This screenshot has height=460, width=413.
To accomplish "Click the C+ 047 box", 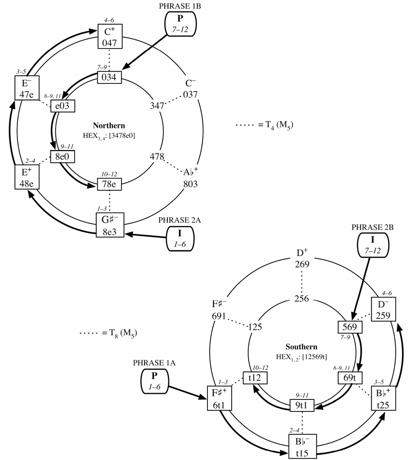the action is pos(110,36).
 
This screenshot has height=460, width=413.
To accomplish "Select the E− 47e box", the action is pos(27,88).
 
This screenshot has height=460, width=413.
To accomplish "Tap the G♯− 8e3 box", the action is pos(110,225).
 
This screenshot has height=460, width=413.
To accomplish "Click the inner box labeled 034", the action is pos(109,78).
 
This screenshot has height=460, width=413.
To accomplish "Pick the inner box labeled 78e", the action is pos(109,184).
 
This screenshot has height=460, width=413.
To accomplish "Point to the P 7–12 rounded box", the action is pos(180,24).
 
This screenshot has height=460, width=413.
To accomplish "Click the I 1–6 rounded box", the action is pos(180,238).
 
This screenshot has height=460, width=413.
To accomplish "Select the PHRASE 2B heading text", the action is pos(373,227).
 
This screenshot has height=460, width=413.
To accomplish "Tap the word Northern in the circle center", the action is pos(109,126).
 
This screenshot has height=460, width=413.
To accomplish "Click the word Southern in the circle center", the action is pos(301,347).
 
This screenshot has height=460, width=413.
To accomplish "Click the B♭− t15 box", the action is pos(302,446).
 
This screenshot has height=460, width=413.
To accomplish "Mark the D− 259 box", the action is pos(383,309).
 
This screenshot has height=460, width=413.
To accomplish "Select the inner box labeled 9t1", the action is pos(302,405).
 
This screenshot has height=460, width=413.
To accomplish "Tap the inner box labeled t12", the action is pos(255,377).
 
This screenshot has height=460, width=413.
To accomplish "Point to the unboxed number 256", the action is pos(302,299).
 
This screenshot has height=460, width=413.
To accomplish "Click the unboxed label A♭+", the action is pos(190,172).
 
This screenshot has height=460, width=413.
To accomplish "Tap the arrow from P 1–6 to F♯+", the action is pos(188,392).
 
